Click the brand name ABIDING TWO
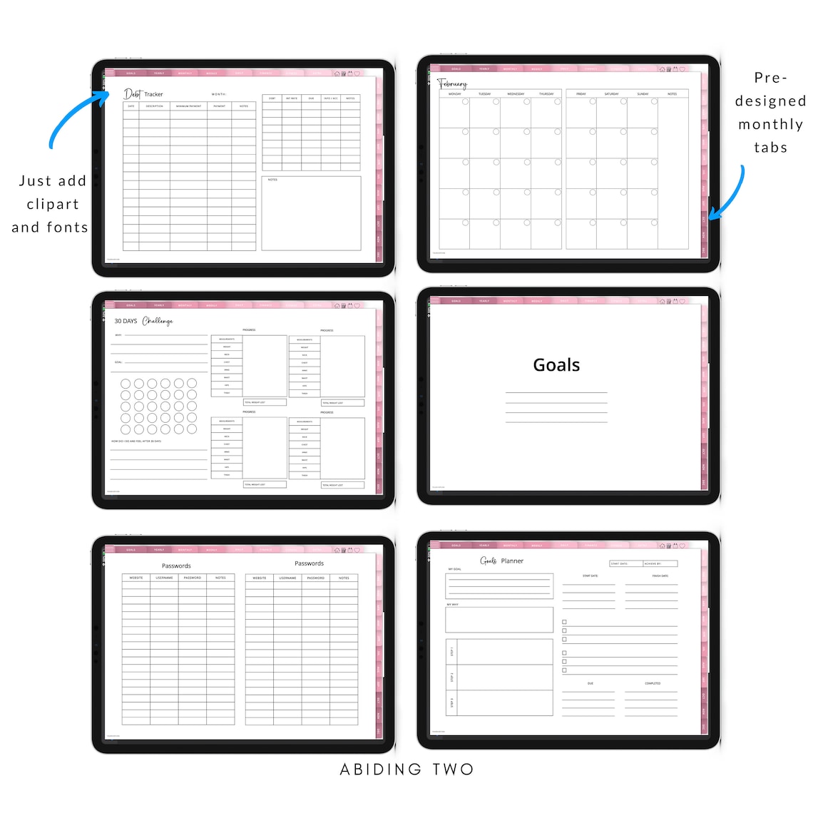[x=406, y=769]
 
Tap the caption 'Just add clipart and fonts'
[x=51, y=204]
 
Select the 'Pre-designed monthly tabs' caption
[x=770, y=113]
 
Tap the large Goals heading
[x=556, y=365]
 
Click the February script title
[x=452, y=83]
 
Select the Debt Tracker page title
[x=143, y=94]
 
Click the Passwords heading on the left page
[x=176, y=566]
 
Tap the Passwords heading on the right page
[x=309, y=563]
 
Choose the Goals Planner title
[x=502, y=561]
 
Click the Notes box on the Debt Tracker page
[x=311, y=214]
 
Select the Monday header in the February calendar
[x=454, y=94]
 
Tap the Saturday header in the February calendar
[x=611, y=94]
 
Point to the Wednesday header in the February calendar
[x=515, y=94]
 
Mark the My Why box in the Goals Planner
[x=499, y=620]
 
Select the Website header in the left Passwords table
[x=136, y=578]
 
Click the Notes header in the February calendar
[x=672, y=94]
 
